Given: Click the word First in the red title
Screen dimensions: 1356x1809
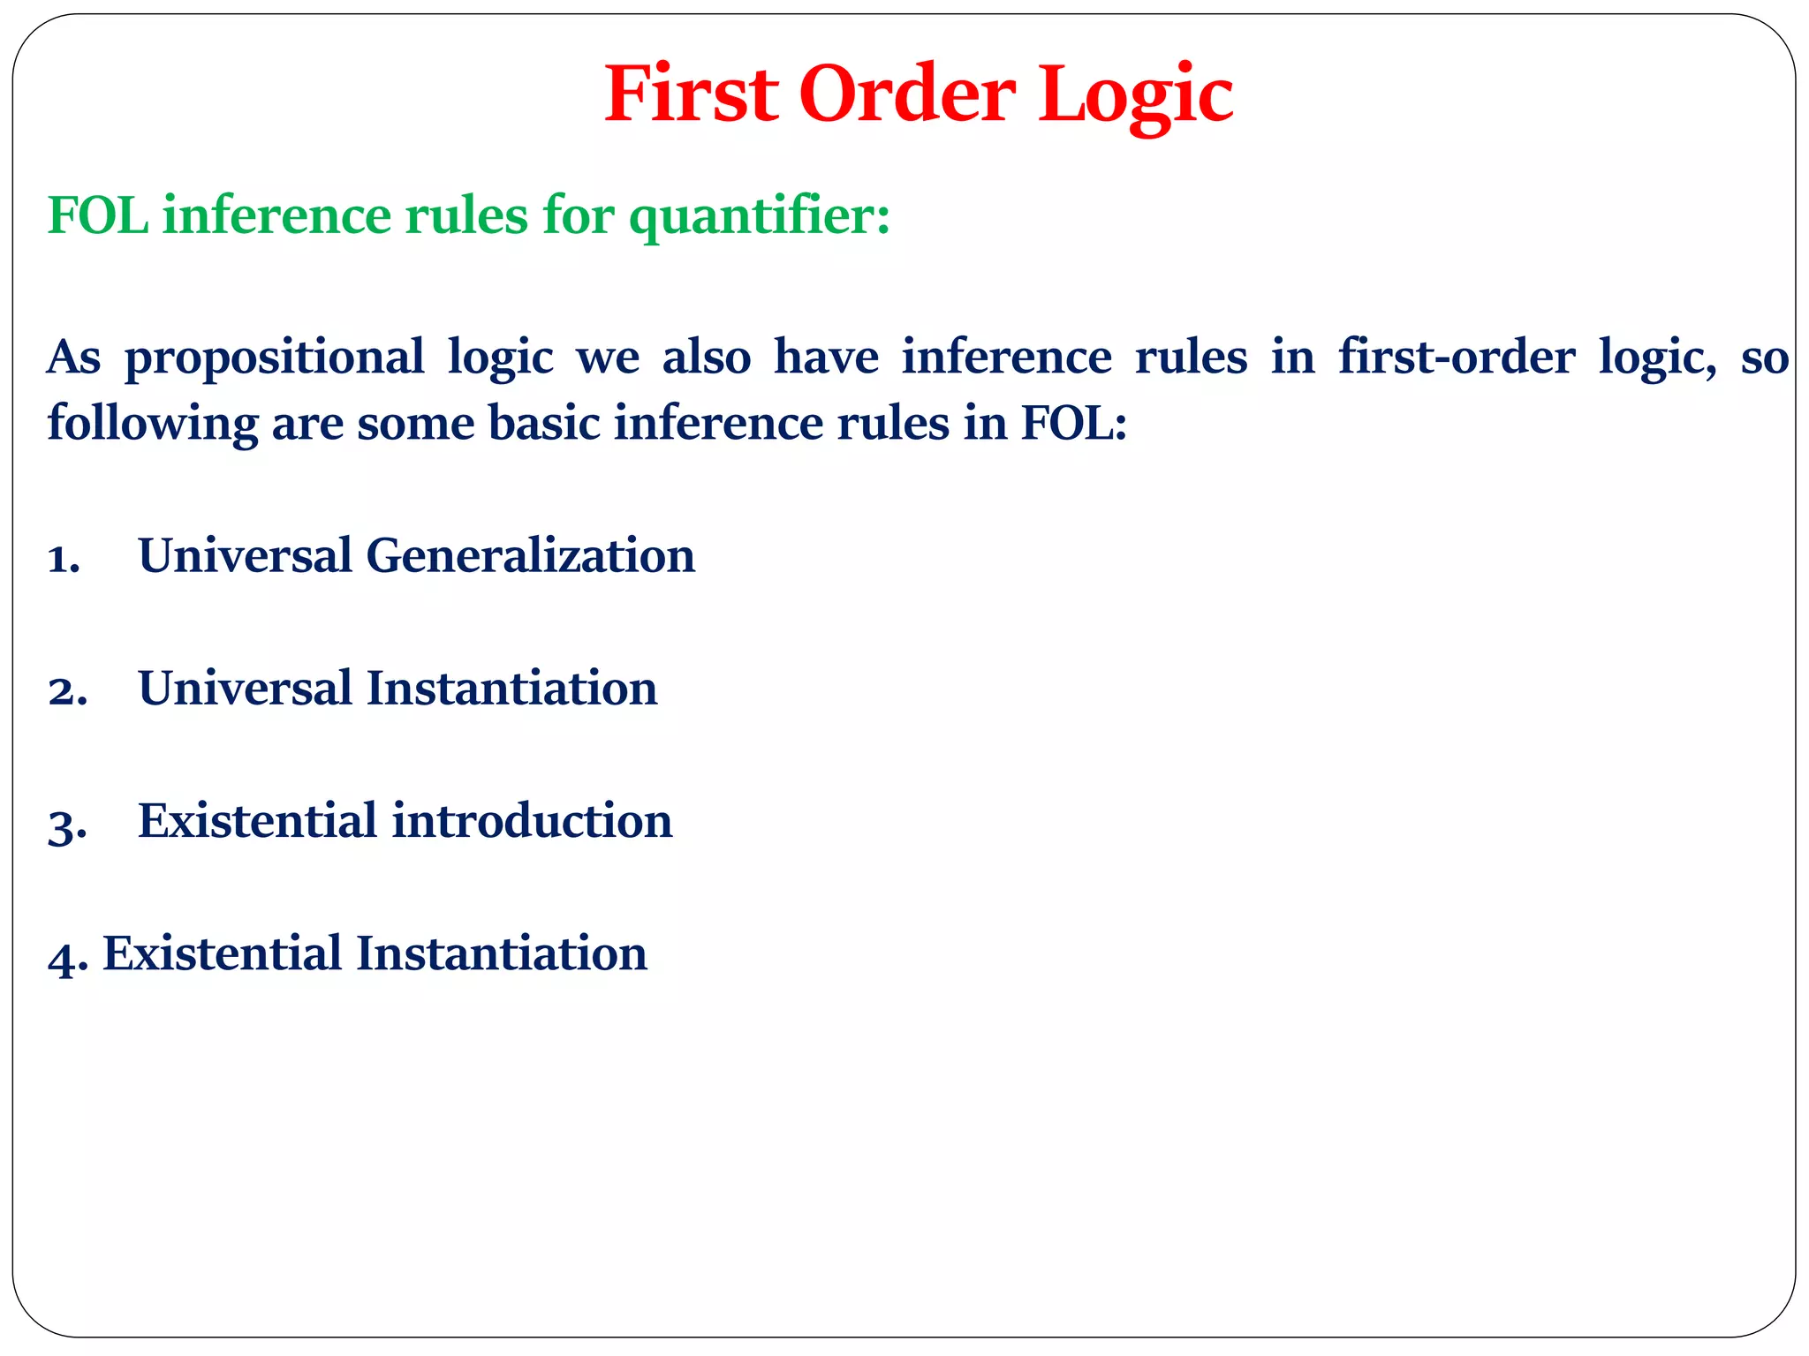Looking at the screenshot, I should (x=691, y=94).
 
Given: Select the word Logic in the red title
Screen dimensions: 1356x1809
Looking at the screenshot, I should (x=1135, y=94).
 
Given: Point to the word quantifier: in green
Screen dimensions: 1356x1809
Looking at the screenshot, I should (x=759, y=215).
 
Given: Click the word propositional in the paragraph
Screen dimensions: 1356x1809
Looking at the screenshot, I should (x=274, y=358).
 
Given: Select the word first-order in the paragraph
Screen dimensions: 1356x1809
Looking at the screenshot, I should (x=1456, y=358).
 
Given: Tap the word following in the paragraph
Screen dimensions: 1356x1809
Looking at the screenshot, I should (x=152, y=424).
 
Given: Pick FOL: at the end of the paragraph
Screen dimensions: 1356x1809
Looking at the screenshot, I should (x=1074, y=424).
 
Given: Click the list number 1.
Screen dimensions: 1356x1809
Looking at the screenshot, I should (x=64, y=559).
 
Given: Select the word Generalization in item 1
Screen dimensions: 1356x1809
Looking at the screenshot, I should (x=530, y=556).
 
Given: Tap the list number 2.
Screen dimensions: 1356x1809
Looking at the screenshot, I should (x=67, y=691).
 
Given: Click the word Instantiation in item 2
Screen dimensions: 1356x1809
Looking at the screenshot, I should (x=511, y=689).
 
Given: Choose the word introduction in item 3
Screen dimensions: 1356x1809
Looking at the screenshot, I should (x=532, y=821).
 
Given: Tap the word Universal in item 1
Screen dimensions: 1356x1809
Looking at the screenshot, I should (x=245, y=556).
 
